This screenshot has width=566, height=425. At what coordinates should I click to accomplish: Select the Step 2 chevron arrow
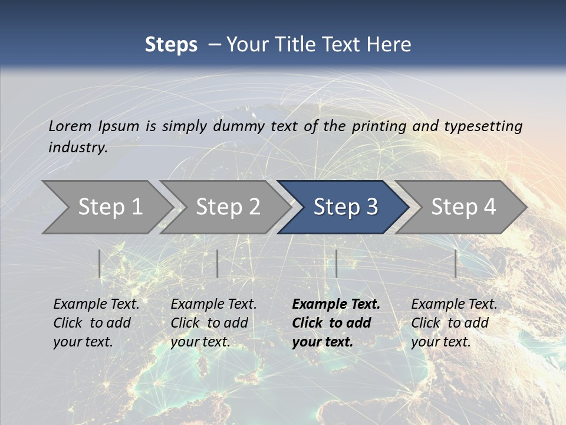(x=227, y=207)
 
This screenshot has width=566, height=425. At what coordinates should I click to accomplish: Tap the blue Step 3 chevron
(x=345, y=207)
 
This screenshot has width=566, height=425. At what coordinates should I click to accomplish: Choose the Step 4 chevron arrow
(x=463, y=207)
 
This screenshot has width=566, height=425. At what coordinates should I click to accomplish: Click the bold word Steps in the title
(x=171, y=45)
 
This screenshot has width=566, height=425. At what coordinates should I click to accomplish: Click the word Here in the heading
(x=389, y=45)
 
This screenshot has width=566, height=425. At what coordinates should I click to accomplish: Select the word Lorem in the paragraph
(x=70, y=126)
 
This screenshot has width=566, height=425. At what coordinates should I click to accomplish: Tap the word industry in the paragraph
(x=78, y=148)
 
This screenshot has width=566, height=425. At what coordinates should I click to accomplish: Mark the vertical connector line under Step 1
(x=100, y=263)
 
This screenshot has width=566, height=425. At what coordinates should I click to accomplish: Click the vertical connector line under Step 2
(x=218, y=263)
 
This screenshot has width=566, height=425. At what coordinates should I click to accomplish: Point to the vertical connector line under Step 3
(x=336, y=263)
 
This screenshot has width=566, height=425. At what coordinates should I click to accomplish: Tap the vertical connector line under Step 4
(x=455, y=263)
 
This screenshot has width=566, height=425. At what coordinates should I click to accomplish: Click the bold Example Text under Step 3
(x=336, y=305)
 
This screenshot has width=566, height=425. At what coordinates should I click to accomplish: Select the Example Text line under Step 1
(x=96, y=305)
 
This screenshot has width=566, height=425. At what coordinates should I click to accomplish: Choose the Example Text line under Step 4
(x=454, y=305)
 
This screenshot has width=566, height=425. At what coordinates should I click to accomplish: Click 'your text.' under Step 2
(x=200, y=342)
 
